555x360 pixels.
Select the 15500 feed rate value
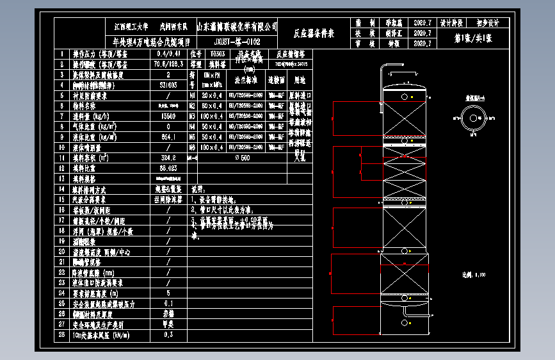(x=168, y=117)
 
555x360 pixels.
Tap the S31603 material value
(x=168, y=85)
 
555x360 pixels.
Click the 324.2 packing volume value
(x=168, y=158)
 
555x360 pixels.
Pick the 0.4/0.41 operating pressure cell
(x=168, y=54)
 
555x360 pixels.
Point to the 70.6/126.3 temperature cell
(x=168, y=65)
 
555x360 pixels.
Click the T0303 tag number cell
(x=217, y=54)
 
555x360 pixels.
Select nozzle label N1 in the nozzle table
(x=192, y=96)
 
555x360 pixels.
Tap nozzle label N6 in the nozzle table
(x=192, y=147)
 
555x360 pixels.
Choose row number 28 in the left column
(x=62, y=334)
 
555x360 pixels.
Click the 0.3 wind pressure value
(x=168, y=334)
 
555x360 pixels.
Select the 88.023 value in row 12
(x=168, y=168)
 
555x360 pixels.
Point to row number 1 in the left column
(x=62, y=54)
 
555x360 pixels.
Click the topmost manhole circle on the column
(x=405, y=97)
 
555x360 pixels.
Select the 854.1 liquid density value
(x=168, y=137)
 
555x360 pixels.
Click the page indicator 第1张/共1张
(x=472, y=38)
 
